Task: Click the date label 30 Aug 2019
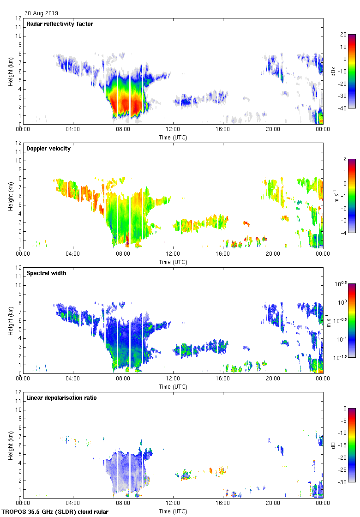[42, 13]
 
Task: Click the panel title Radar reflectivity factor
[60, 24]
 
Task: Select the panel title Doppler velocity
[48, 149]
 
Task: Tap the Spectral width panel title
[46, 273]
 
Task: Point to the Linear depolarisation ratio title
[61, 398]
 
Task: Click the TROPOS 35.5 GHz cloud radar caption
[55, 512]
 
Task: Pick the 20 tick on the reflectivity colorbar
[343, 35]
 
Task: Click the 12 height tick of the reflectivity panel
[18, 18]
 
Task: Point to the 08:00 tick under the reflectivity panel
[123, 130]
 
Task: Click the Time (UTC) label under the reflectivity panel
[173, 137]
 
